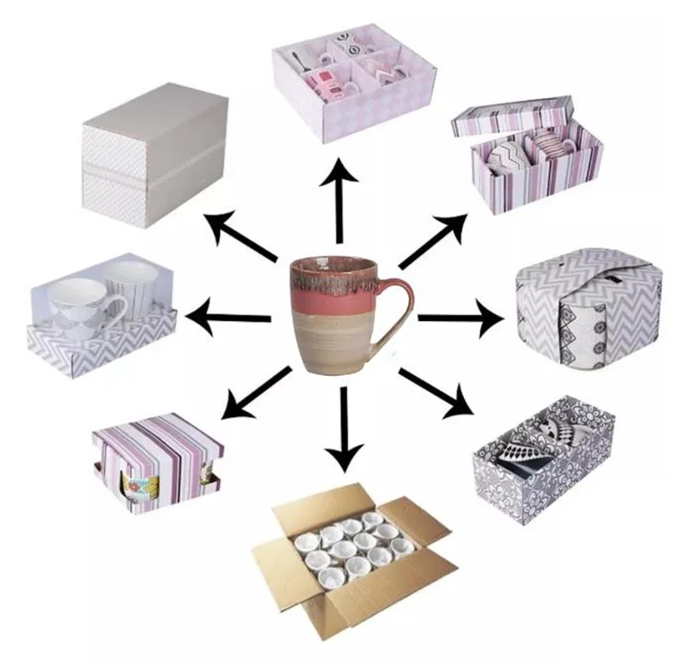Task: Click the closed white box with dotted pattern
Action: click(155, 154)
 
